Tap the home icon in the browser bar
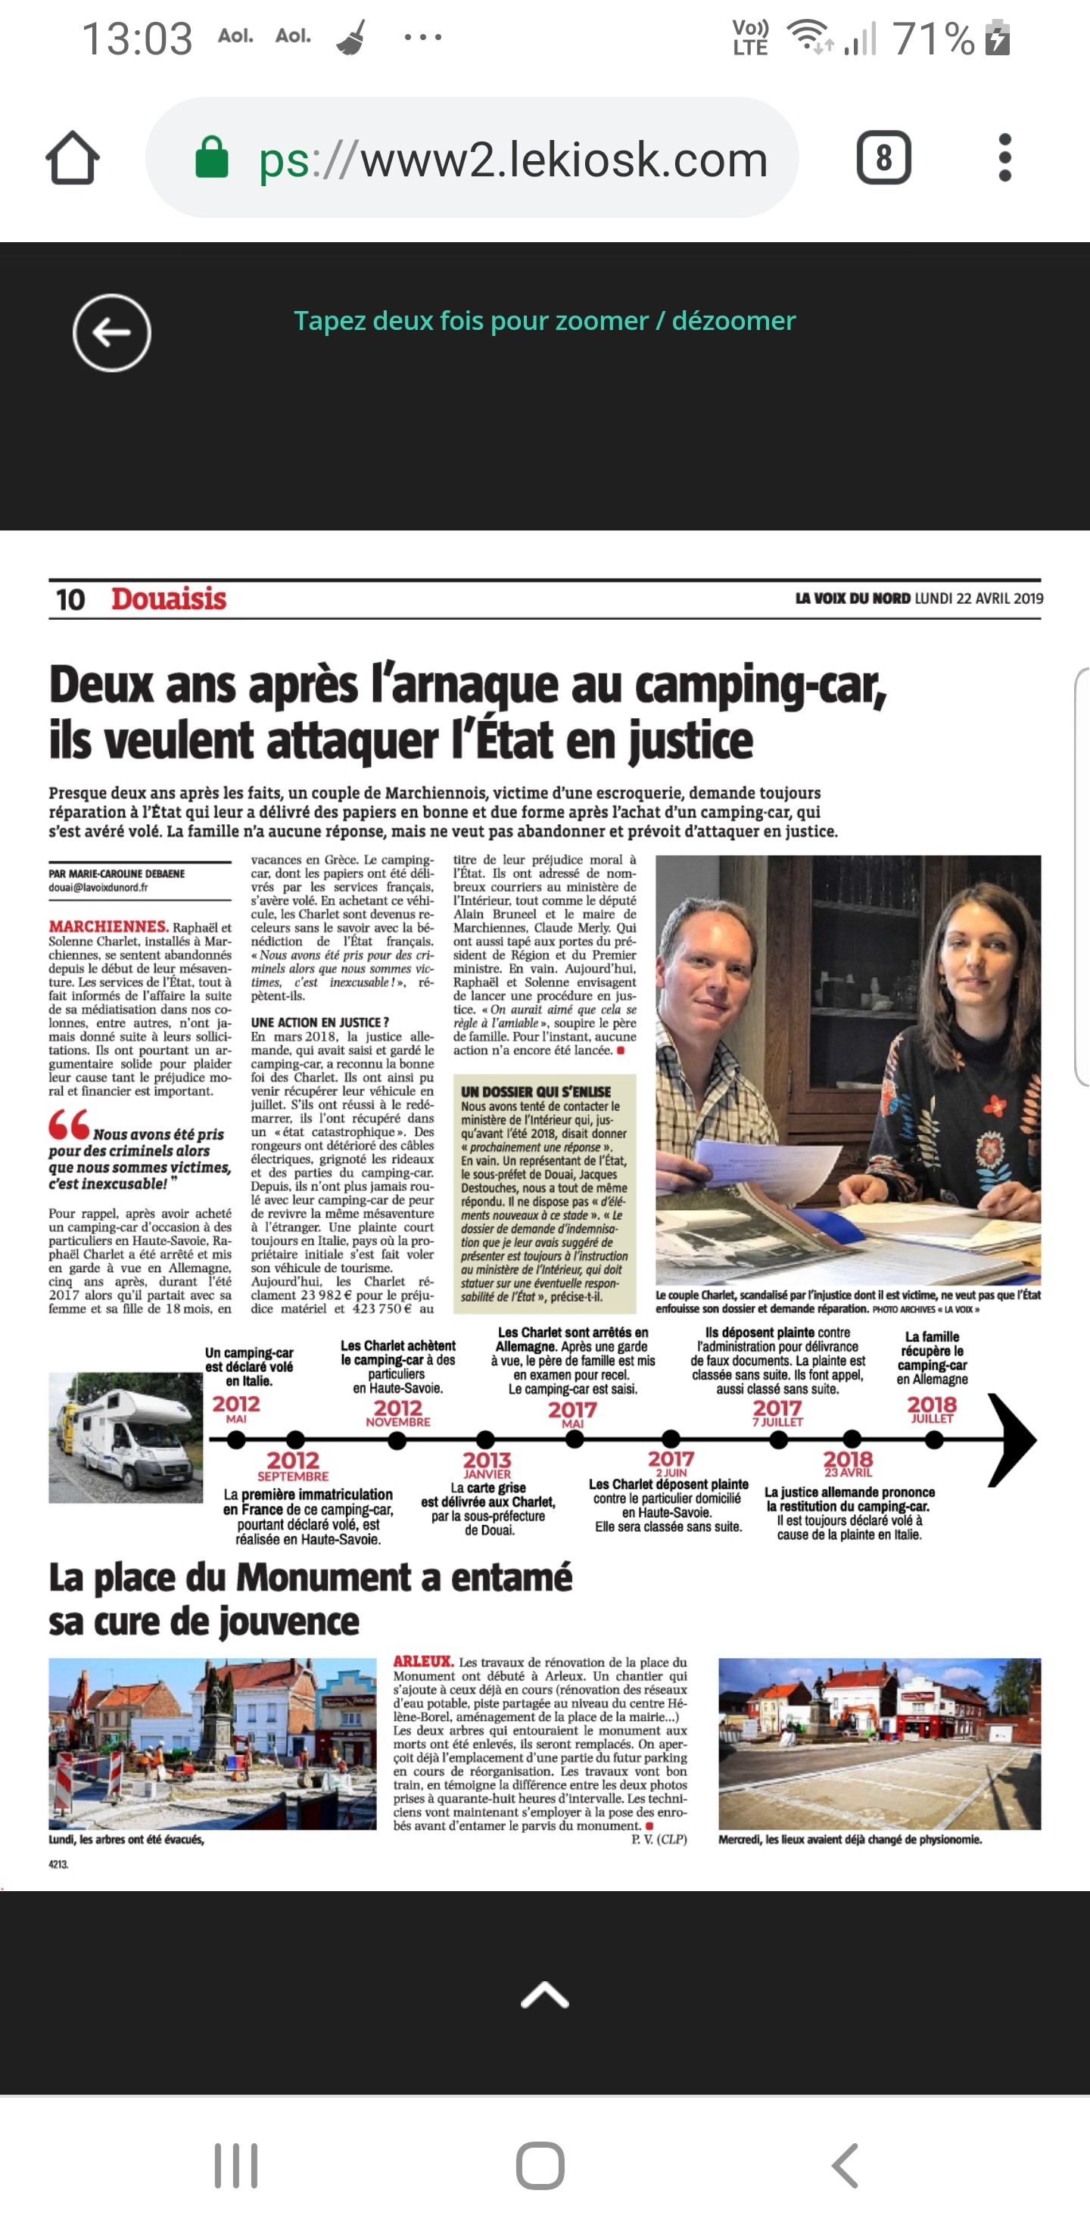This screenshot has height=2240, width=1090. (72, 158)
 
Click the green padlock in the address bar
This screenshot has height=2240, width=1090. (211, 158)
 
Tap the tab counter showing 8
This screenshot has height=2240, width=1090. (883, 158)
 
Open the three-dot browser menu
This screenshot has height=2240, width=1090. (1004, 158)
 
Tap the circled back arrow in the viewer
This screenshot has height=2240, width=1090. (111, 332)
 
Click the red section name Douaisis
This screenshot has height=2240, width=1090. (169, 599)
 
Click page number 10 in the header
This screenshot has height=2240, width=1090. (70, 600)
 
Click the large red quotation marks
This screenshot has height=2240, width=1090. (69, 1125)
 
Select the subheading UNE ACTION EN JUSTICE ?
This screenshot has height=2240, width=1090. (319, 1022)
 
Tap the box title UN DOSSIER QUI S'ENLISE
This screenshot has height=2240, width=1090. (536, 1091)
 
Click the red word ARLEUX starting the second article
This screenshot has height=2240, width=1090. (424, 1662)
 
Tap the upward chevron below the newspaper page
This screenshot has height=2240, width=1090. (544, 1995)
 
